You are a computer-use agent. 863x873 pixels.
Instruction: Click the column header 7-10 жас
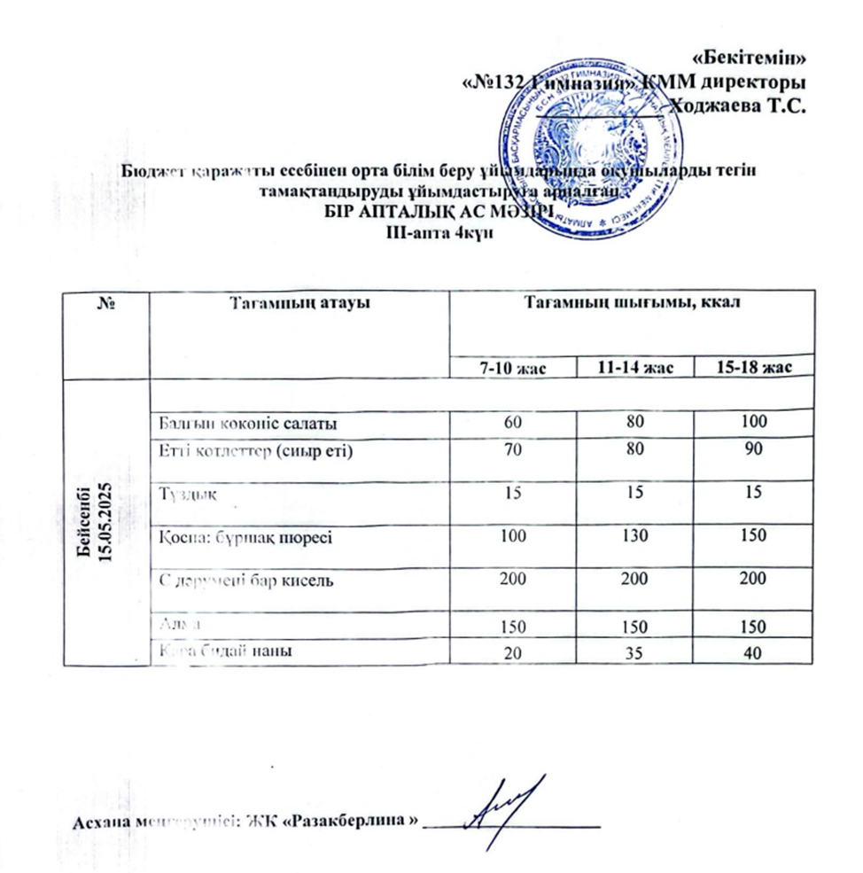[x=512, y=367]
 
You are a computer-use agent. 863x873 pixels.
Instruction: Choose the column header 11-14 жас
[x=633, y=367]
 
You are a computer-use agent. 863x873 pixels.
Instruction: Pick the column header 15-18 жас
[x=752, y=367]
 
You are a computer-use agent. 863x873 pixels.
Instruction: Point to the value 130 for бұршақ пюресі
[x=633, y=537]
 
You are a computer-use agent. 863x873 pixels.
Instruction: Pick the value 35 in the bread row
[x=633, y=654]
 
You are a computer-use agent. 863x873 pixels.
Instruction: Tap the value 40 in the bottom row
[x=752, y=654]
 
